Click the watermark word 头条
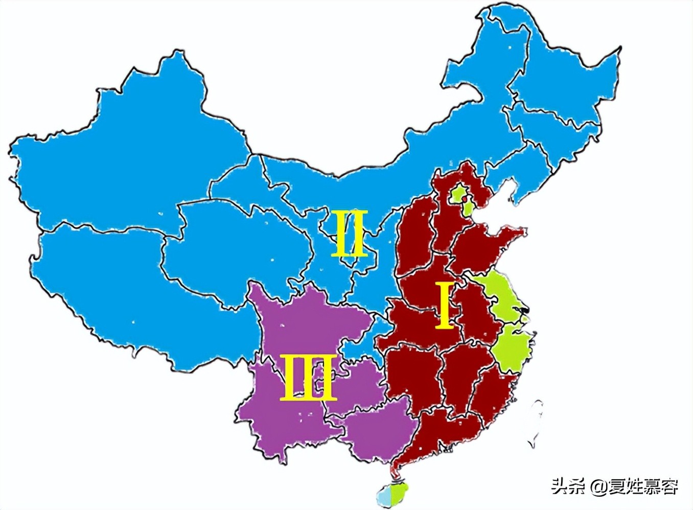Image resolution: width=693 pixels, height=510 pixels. [x=567, y=486]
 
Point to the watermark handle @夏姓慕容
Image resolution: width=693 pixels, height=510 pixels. [x=634, y=486]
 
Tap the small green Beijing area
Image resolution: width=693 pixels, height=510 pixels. [x=458, y=194]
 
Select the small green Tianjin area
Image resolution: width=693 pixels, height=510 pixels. [x=467, y=208]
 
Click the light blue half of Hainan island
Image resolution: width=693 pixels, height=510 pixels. [x=384, y=495]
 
